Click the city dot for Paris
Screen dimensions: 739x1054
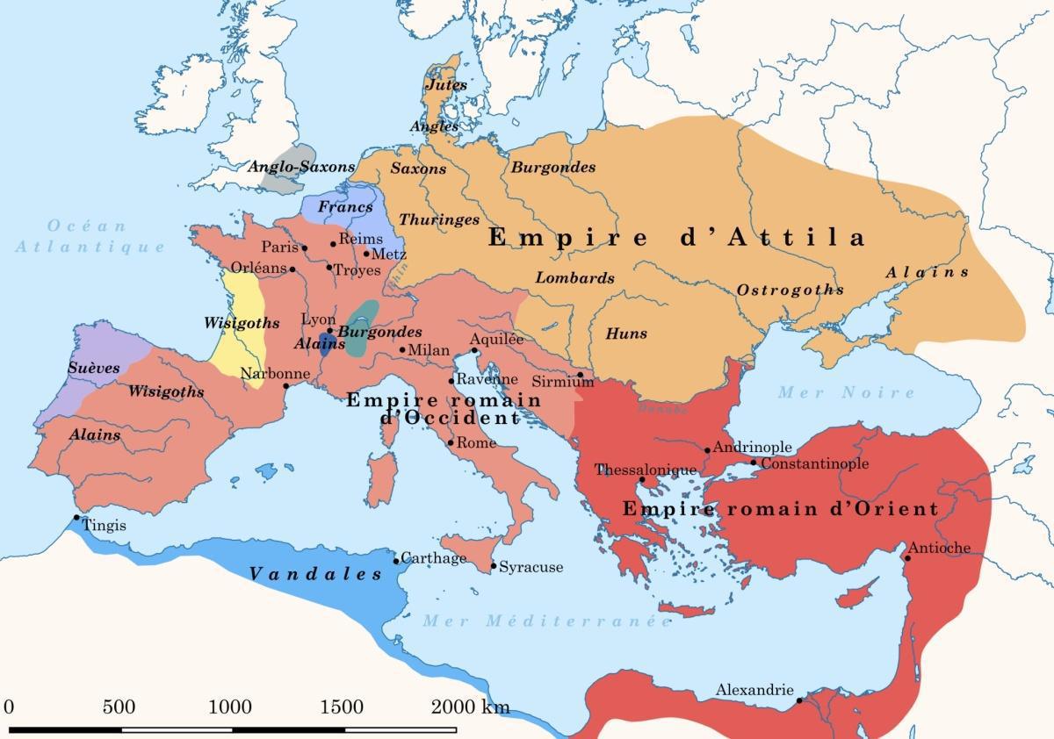[x=305, y=248]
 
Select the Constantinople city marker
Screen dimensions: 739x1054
[x=753, y=463]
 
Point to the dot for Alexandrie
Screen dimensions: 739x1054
[x=798, y=700]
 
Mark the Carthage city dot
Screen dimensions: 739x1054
[x=396, y=560]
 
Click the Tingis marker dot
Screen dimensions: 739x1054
[x=77, y=519]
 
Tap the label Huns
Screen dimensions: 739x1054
[x=626, y=334]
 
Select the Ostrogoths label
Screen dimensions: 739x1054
[x=790, y=290]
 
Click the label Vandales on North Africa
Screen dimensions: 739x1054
[x=316, y=574]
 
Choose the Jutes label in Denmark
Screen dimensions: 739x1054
[x=446, y=85]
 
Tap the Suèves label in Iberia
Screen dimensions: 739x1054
[x=93, y=369]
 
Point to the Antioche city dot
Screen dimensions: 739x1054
[x=907, y=557]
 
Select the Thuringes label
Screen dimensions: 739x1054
[x=439, y=219]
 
